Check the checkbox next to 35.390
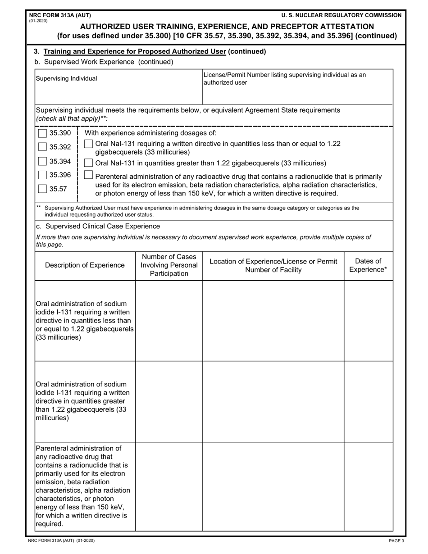pyautogui.click(x=42, y=133)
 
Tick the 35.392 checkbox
pyautogui.click(x=42, y=147)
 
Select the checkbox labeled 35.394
pyautogui.click(x=42, y=161)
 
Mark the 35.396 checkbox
pyautogui.click(x=42, y=175)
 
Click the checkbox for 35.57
pyautogui.click(x=42, y=189)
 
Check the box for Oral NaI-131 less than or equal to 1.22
pyautogui.click(x=89, y=144)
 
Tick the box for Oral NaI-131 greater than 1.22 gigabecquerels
pyautogui.click(x=89, y=163)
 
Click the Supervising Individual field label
pyautogui.click(x=66, y=78)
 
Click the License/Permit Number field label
pyautogui.click(x=285, y=78)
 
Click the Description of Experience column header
pyautogui.click(x=85, y=265)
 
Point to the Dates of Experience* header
pyautogui.click(x=368, y=265)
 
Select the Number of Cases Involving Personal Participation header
pyautogui.click(x=169, y=265)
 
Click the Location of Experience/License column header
pyautogui.click(x=273, y=265)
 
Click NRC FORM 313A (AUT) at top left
pyautogui.click(x=60, y=15)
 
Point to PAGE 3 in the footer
pyautogui.click(x=396, y=540)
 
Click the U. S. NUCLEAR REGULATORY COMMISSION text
pyautogui.click(x=341, y=15)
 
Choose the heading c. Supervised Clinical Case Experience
pyautogui.click(x=98, y=226)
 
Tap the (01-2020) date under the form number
pyautogui.click(x=38, y=21)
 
